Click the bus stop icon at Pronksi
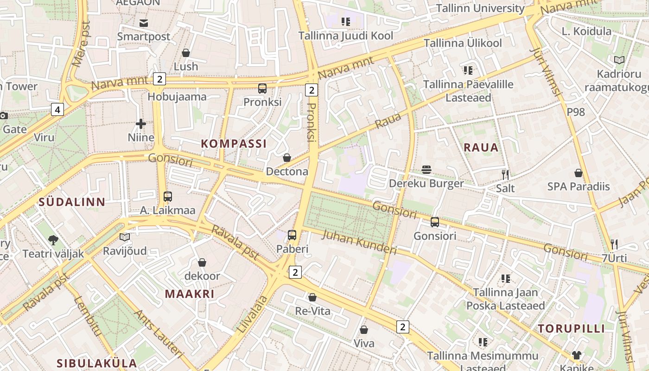[262, 89]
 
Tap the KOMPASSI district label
[234, 144]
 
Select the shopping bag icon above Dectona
[287, 158]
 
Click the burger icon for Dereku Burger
[426, 170]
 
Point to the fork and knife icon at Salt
[505, 175]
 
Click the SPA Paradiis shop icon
[578, 173]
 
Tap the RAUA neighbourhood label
[481, 147]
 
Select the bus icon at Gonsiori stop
[435, 222]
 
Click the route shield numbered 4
[57, 110]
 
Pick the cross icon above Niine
[141, 124]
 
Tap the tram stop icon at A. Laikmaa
[168, 197]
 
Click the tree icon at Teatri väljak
[53, 240]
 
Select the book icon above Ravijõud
[125, 237]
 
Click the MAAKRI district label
[190, 294]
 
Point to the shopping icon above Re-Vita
[312, 297]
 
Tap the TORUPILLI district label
[571, 329]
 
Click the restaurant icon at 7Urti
[614, 244]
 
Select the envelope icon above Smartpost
[143, 23]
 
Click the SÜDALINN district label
[72, 202]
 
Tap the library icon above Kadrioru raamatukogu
[619, 60]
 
